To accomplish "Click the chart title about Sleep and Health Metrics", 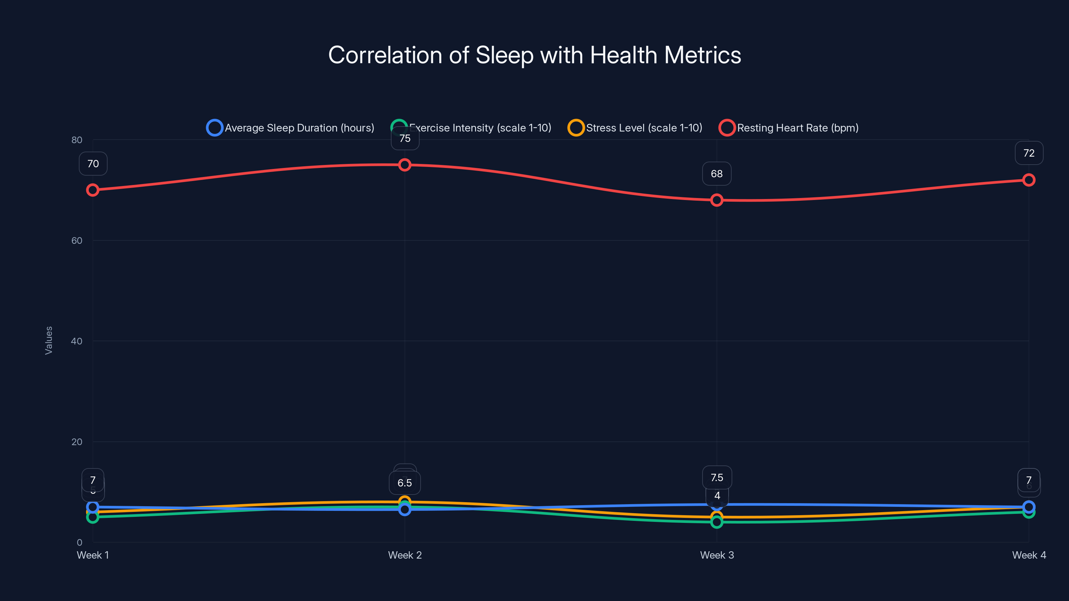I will click(534, 55).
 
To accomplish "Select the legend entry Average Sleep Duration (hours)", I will click(299, 128).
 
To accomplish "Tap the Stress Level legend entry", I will click(643, 128).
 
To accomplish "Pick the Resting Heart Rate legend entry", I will click(797, 128).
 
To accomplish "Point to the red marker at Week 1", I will click(93, 190).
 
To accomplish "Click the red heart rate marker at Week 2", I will click(405, 165).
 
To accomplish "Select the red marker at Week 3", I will click(717, 200).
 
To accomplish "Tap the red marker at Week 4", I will click(1029, 180).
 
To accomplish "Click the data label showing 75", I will click(405, 139).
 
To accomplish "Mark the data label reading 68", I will click(717, 174).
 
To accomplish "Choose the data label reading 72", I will click(1029, 153).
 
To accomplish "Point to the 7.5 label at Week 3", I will click(717, 477).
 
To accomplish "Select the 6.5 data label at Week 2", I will click(405, 483).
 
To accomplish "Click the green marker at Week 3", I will click(717, 522).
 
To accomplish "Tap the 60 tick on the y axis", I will click(77, 240).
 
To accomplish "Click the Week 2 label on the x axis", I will click(405, 555).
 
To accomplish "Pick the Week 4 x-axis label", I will click(1029, 555).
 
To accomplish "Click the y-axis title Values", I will click(48, 340).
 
